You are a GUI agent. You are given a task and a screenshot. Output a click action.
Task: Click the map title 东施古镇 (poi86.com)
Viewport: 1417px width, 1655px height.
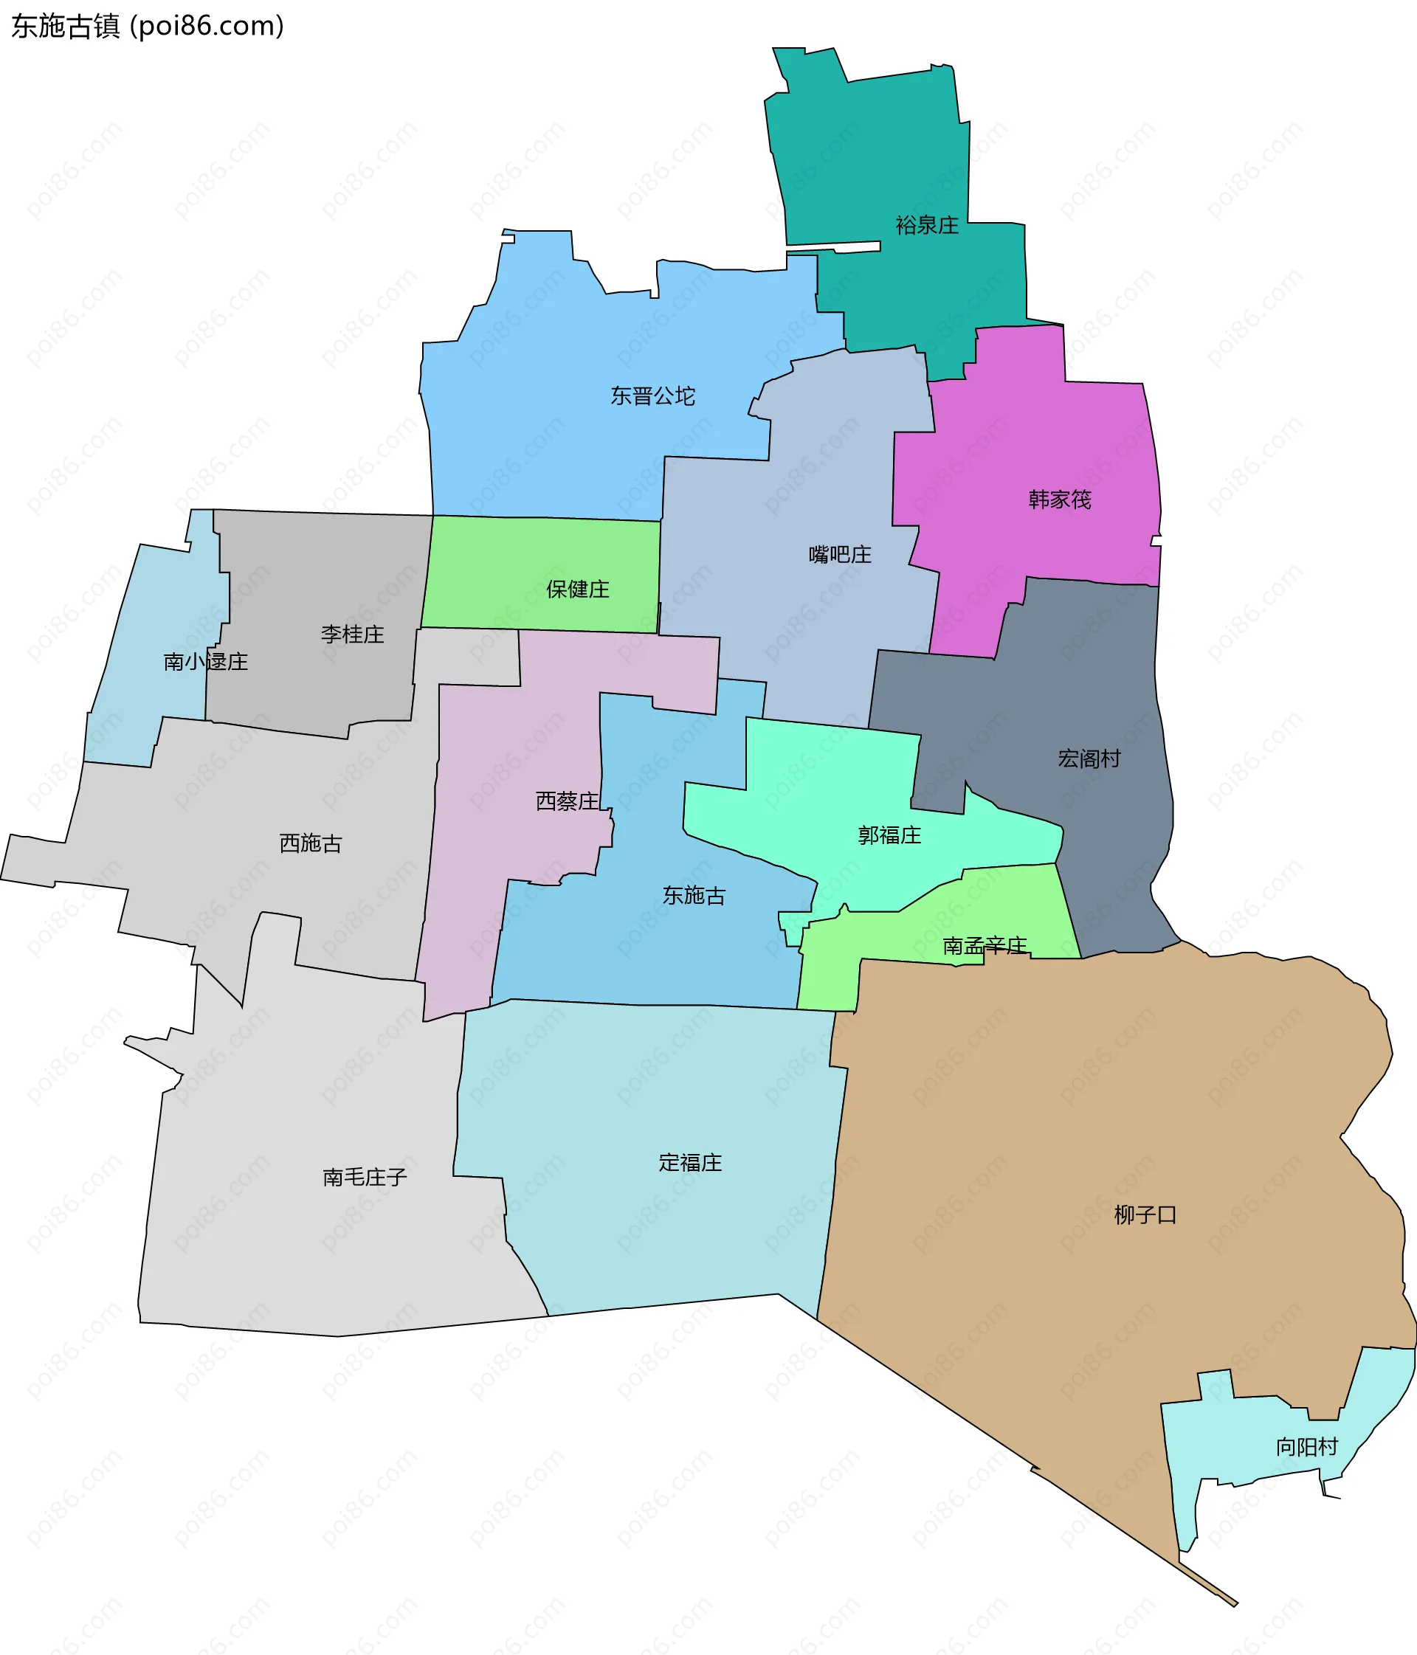click(148, 27)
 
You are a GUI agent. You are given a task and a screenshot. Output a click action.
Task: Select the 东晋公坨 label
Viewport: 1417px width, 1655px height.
click(652, 396)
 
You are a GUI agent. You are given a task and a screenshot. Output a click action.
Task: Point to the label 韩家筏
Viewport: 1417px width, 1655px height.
click(1059, 500)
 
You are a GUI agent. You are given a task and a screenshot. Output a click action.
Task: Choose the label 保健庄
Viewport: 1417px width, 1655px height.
click(578, 590)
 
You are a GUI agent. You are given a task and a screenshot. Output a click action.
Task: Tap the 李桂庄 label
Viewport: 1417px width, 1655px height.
click(352, 635)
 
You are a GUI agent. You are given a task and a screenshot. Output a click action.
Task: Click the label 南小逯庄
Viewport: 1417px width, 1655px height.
click(205, 661)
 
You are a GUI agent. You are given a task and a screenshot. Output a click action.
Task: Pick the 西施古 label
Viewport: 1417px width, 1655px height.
click(311, 843)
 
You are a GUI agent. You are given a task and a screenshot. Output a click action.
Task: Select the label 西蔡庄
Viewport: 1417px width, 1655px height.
click(567, 801)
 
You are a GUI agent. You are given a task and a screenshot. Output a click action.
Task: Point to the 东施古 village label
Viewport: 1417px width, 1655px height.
click(693, 896)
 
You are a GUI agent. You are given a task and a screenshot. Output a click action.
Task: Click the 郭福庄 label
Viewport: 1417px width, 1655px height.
click(889, 835)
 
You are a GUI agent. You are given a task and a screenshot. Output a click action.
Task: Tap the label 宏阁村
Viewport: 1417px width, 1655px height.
click(1089, 759)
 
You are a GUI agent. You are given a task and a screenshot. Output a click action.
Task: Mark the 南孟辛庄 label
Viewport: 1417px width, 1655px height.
click(984, 947)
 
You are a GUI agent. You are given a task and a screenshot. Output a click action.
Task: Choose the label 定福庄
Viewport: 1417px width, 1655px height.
click(690, 1162)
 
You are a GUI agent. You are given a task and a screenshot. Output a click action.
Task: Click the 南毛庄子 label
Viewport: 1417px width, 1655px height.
click(365, 1178)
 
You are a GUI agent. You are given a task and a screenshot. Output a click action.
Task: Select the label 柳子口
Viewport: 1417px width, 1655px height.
click(1145, 1216)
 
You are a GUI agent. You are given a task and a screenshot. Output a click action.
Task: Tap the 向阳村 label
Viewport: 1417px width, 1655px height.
click(1306, 1448)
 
